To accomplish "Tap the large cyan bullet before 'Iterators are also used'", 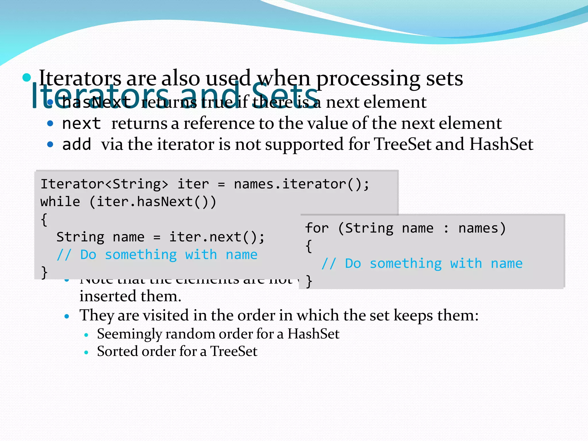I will point(27,78).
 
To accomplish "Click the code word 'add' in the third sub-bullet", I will point(76,144).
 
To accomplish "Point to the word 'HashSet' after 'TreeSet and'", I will point(501,144).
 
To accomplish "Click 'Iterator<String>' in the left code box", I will point(104,184).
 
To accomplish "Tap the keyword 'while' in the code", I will point(60,202).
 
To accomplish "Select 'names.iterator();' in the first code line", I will point(301,184).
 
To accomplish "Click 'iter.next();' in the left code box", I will point(217,237).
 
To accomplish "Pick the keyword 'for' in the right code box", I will point(317,228).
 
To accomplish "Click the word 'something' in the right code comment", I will point(405,264).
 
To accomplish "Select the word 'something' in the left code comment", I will point(141,255).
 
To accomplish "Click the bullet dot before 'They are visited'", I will point(67,316).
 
